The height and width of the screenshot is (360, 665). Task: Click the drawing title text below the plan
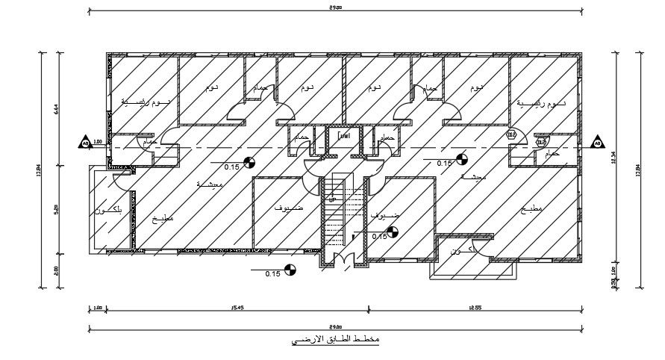[336, 341]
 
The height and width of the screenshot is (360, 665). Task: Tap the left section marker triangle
[85, 142]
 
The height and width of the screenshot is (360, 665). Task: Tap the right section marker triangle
[597, 142]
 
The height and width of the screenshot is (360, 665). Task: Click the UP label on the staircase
[331, 200]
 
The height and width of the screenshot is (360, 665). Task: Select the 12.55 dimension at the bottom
[474, 307]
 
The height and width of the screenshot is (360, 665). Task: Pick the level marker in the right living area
[462, 158]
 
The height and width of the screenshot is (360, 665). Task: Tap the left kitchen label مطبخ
[163, 219]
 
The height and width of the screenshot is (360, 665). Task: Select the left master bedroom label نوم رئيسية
[142, 102]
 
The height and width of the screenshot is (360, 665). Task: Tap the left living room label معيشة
[209, 184]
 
